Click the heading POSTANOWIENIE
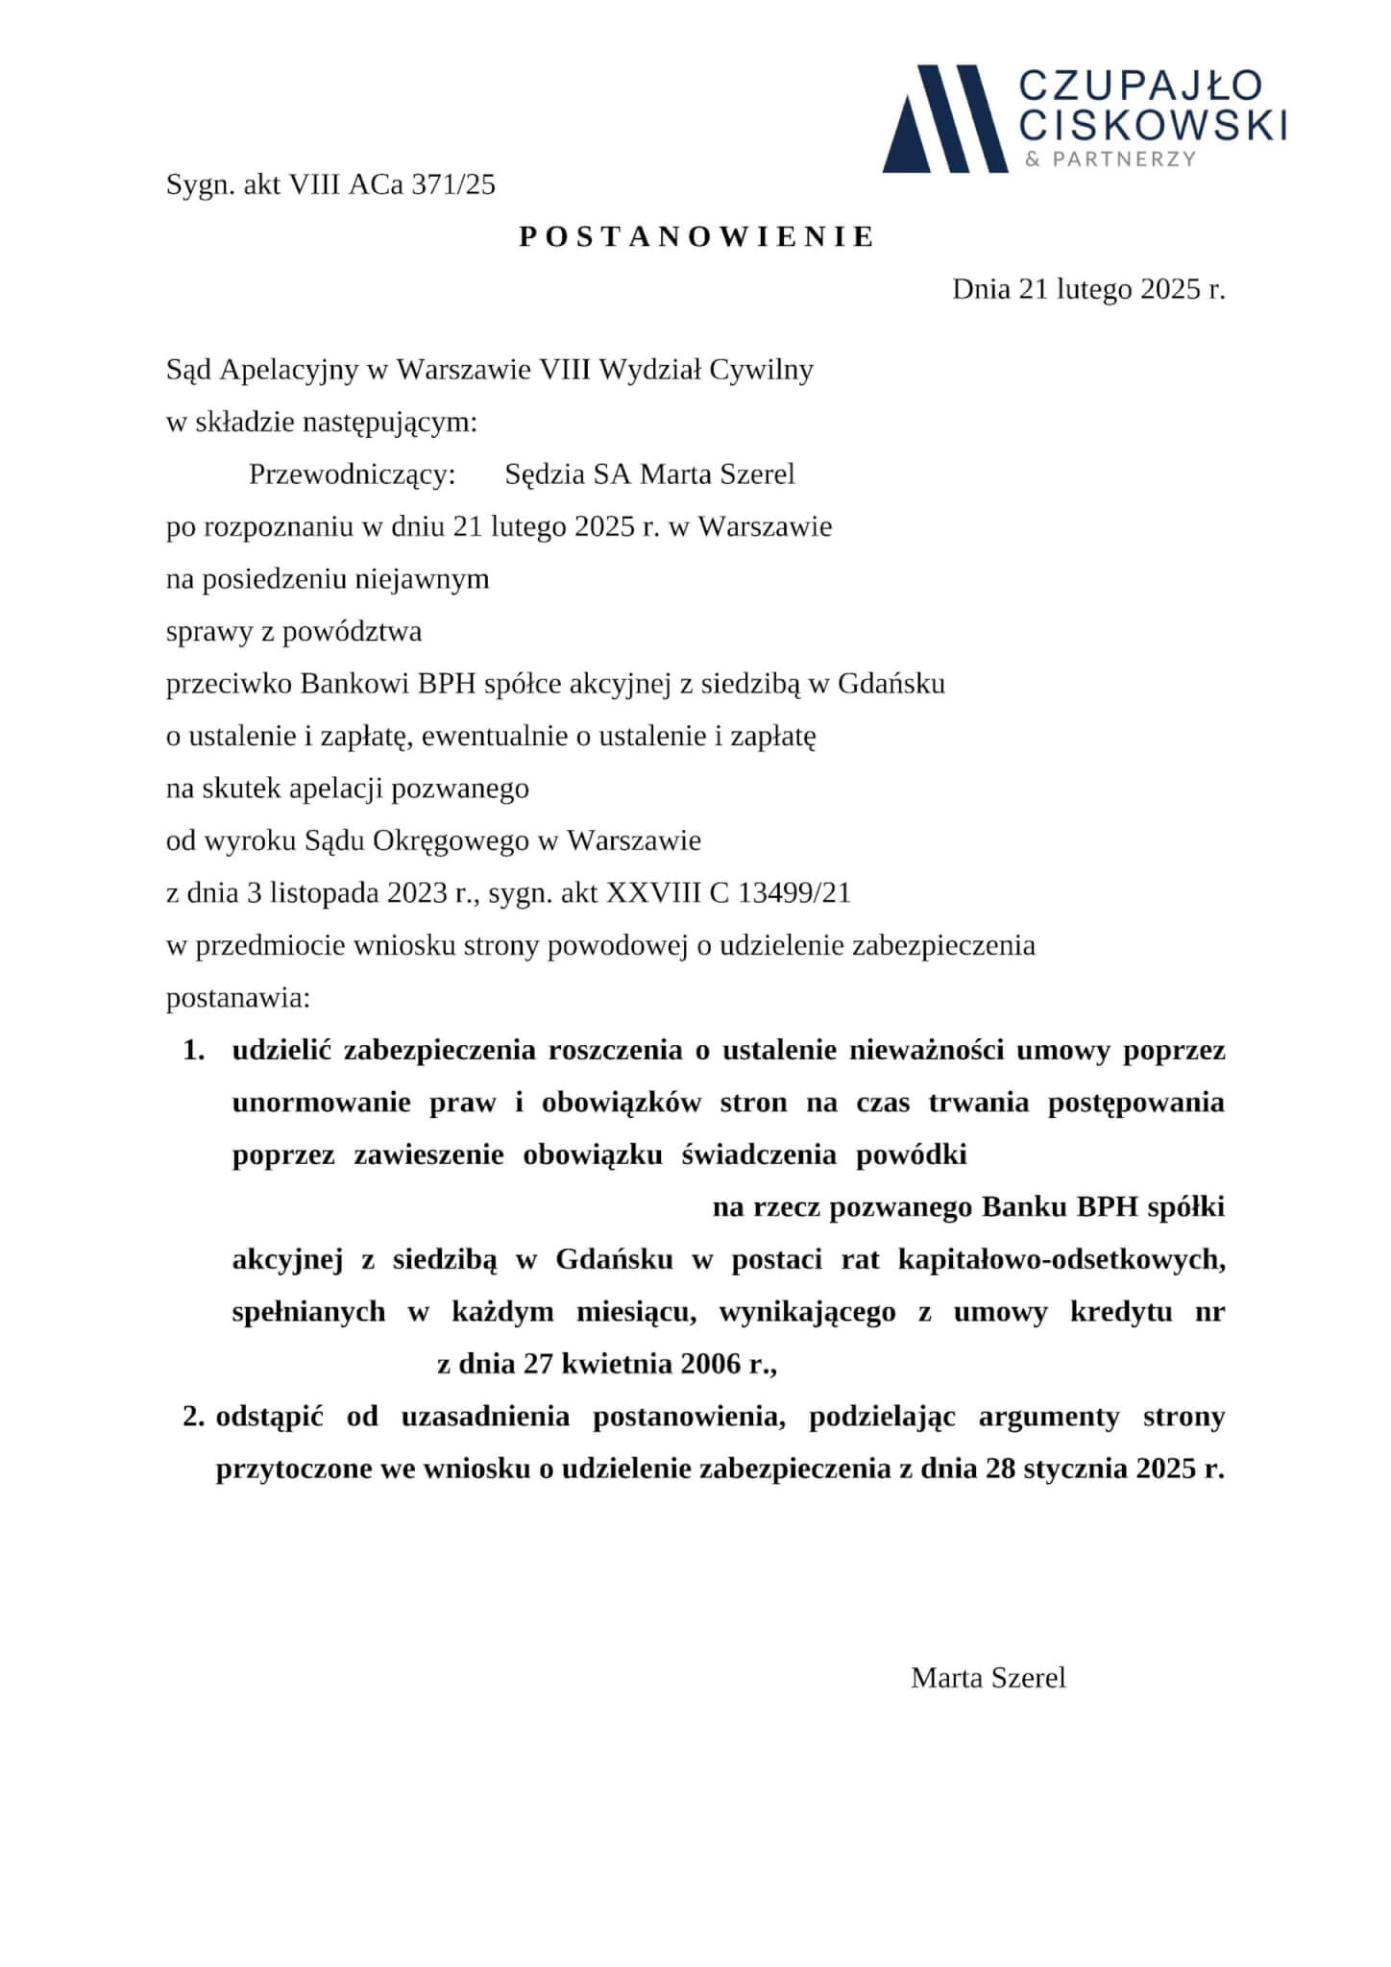point(696,237)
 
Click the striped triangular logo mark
point(944,118)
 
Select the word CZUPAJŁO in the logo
point(1140,85)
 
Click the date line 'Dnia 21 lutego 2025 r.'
point(1088,289)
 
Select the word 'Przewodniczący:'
point(352,474)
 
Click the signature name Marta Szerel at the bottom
point(988,1678)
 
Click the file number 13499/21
point(794,893)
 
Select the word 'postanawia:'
point(238,998)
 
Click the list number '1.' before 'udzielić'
point(194,1051)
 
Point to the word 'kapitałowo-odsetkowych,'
point(1062,1260)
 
